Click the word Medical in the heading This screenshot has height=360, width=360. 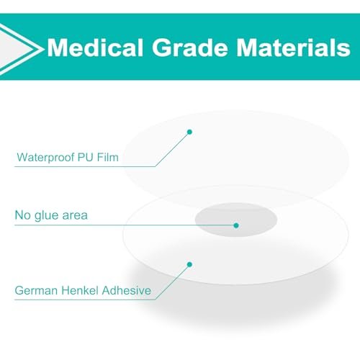pos(95,48)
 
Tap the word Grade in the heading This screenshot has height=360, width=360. pos(189,48)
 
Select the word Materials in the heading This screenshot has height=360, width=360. pos(293,48)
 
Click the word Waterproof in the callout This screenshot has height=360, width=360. pos(45,158)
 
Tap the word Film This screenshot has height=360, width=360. pos(108,157)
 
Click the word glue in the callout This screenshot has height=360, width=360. pos(46,216)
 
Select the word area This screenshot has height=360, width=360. pos(75,216)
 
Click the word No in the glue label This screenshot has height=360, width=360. pos(22,215)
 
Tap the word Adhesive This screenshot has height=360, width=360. pos(127,290)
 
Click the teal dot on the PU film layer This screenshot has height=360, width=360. pos(189,132)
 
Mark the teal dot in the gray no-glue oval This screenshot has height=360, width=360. pos(236,225)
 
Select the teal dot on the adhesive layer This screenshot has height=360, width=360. pos(189,264)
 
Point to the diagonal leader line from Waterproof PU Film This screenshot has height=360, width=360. pos(172,149)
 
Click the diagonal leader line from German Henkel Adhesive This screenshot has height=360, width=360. pos(172,282)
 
